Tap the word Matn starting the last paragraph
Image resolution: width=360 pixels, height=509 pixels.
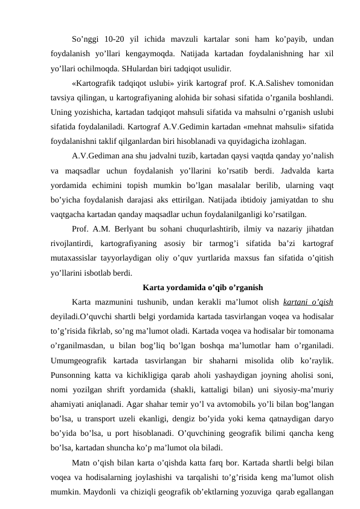click(x=81, y=464)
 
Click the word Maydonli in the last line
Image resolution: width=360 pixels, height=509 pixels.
click(x=88, y=492)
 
